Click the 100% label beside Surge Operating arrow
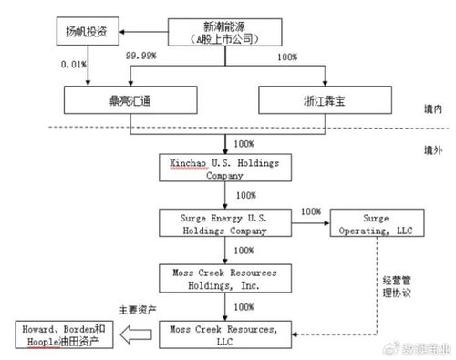tap(310, 211)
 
